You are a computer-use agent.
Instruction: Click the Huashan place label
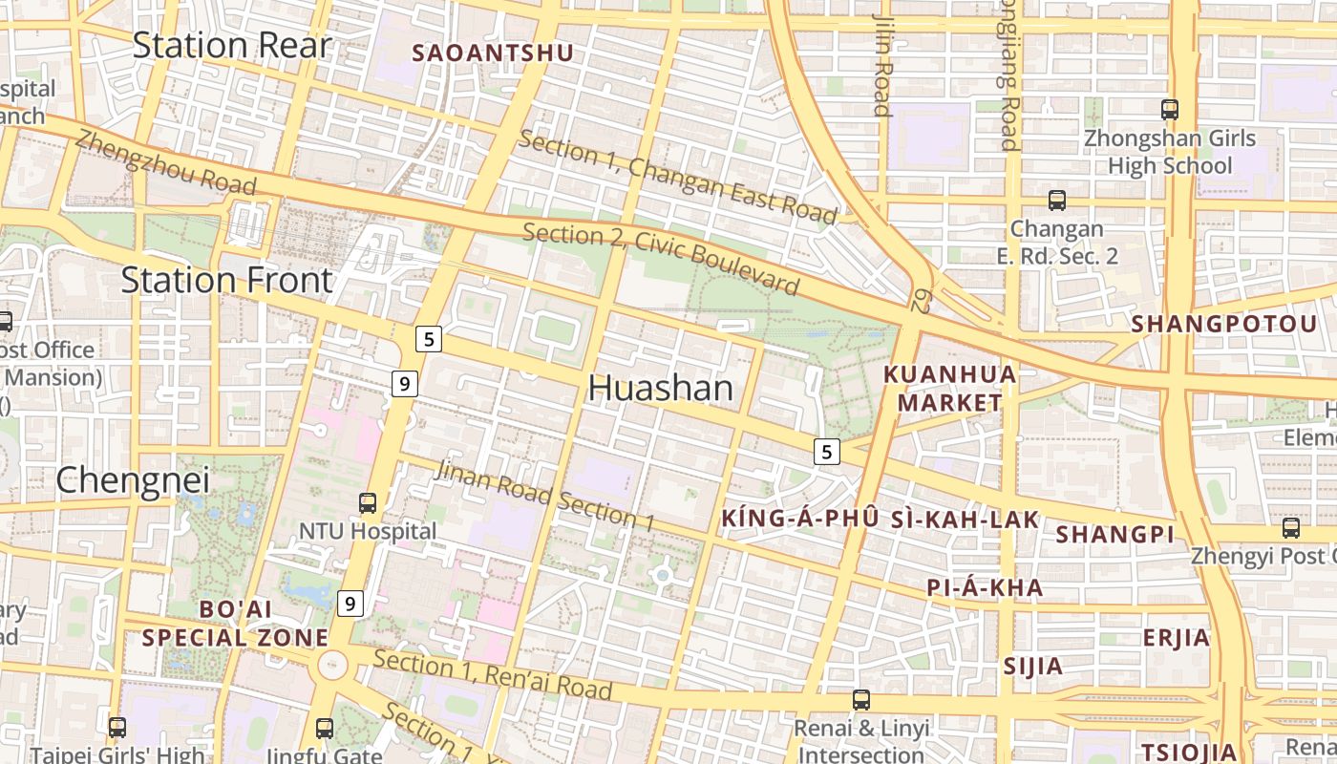[x=661, y=388]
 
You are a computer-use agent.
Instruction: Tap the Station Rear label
[x=231, y=45]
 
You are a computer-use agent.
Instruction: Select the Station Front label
[x=226, y=280]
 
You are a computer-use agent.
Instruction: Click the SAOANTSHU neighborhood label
[x=493, y=53]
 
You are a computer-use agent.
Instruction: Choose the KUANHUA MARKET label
[x=949, y=388]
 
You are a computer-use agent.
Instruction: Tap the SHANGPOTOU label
[x=1224, y=324]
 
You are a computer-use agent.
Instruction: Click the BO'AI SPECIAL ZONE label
[x=235, y=623]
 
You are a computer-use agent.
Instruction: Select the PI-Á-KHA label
[x=985, y=587]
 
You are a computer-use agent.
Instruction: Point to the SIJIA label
[x=1032, y=666]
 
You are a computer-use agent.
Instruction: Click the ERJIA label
[x=1177, y=637]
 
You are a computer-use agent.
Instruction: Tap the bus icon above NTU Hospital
[x=368, y=502]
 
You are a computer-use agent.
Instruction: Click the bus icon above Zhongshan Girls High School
[x=1170, y=110]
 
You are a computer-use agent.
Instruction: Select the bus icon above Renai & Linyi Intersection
[x=861, y=700]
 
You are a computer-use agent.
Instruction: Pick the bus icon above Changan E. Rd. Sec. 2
[x=1057, y=201]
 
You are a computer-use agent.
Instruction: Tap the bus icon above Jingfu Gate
[x=325, y=729]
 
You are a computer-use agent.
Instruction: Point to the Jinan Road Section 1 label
[x=544, y=495]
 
